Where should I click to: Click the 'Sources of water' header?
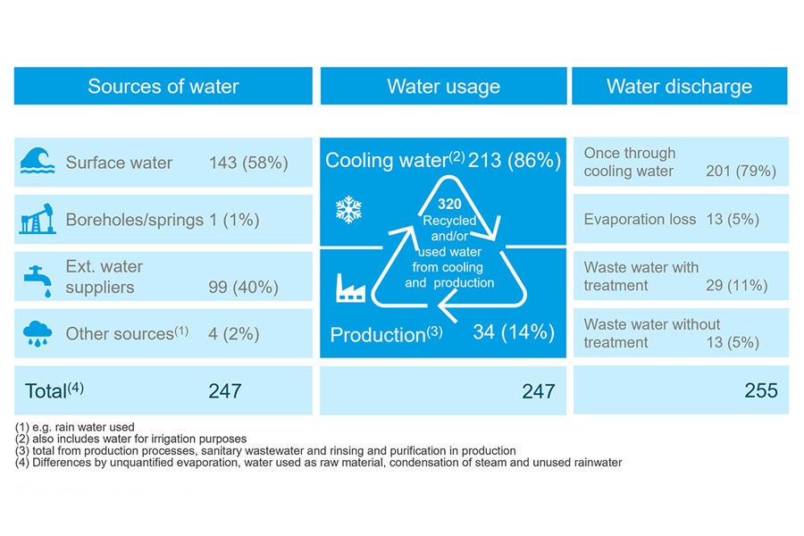tap(163, 87)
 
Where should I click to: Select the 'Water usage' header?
tap(443, 87)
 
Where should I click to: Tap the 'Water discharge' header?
tap(679, 87)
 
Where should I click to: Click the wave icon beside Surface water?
tap(38, 163)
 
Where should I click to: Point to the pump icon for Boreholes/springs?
tap(38, 219)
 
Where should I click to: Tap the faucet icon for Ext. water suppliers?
tap(36, 277)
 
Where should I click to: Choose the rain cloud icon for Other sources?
tap(38, 333)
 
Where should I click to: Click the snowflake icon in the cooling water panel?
tap(348, 211)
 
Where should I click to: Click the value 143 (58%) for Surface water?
tap(247, 163)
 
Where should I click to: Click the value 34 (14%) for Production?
tap(513, 332)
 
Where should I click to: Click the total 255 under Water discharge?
tap(760, 390)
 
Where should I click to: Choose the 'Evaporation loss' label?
tap(640, 219)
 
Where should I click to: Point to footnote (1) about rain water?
tap(75, 427)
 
